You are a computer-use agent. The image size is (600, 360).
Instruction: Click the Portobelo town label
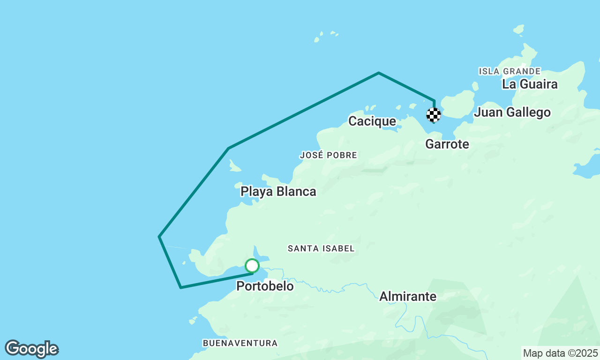point(265,286)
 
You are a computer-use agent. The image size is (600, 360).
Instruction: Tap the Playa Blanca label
point(278,191)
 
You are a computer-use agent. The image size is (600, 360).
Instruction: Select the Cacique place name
point(372,121)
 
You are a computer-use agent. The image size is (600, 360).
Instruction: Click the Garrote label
point(447,144)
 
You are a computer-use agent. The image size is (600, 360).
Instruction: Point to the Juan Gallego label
point(512,112)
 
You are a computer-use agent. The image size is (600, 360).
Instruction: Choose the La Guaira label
point(529,84)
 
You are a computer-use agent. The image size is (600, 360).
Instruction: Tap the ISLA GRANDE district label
point(510,71)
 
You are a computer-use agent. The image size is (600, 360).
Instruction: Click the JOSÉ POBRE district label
point(328,155)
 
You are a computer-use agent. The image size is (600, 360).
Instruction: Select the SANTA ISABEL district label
point(321,248)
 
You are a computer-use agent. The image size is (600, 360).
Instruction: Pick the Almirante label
point(407,296)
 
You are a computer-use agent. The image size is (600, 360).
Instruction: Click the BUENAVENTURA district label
point(240,343)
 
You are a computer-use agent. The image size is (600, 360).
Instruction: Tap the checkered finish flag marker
point(434,115)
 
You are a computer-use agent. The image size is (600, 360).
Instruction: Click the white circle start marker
point(252,266)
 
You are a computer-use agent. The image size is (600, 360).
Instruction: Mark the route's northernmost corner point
point(379,73)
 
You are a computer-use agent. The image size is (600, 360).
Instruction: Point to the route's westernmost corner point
point(159,236)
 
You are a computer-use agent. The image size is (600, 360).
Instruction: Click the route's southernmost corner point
point(181,287)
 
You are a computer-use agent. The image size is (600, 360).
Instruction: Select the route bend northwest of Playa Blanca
point(228,149)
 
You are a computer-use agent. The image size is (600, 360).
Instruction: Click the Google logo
point(31,349)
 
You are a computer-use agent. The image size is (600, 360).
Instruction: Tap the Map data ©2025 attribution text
point(560,353)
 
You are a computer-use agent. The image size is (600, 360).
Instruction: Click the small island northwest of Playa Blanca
point(234,166)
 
